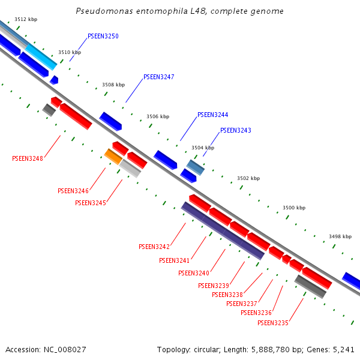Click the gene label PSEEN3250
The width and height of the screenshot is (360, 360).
(x=103, y=37)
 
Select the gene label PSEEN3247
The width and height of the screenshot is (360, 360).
(x=159, y=77)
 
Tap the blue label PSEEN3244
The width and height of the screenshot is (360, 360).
(x=213, y=115)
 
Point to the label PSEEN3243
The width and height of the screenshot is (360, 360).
(x=236, y=131)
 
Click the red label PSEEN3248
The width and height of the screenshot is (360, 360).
(x=28, y=159)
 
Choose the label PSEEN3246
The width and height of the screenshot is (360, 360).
(x=73, y=191)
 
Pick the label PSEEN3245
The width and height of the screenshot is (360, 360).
(x=91, y=203)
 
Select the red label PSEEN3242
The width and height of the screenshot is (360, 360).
(x=154, y=247)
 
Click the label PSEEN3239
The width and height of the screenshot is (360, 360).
(x=214, y=286)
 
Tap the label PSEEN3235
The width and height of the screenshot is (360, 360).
(x=273, y=323)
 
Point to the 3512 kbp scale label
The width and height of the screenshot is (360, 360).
(x=26, y=20)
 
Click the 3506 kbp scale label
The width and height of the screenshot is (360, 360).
(x=158, y=117)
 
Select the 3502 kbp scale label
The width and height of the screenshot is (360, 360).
(x=248, y=179)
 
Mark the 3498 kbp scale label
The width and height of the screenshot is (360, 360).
(x=340, y=237)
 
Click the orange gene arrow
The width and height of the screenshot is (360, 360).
(x=113, y=157)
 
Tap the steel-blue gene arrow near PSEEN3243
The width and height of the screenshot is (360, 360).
(x=196, y=167)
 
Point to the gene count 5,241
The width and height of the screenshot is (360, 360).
(x=344, y=349)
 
